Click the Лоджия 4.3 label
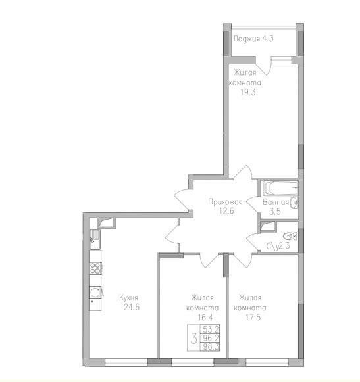(253, 39)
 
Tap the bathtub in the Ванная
(281, 188)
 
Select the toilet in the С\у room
(290, 236)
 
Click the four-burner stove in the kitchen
(95, 268)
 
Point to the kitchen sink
(95, 239)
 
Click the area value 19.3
(248, 93)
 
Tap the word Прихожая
(225, 202)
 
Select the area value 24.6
(132, 307)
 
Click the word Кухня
(129, 298)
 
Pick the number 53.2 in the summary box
(210, 329)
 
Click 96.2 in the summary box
(210, 338)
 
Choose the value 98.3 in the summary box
(210, 346)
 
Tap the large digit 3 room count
(194, 339)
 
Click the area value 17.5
(253, 318)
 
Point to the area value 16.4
(205, 318)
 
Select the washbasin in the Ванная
(294, 203)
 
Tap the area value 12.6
(226, 211)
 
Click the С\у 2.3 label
(278, 246)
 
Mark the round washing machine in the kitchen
(95, 292)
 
